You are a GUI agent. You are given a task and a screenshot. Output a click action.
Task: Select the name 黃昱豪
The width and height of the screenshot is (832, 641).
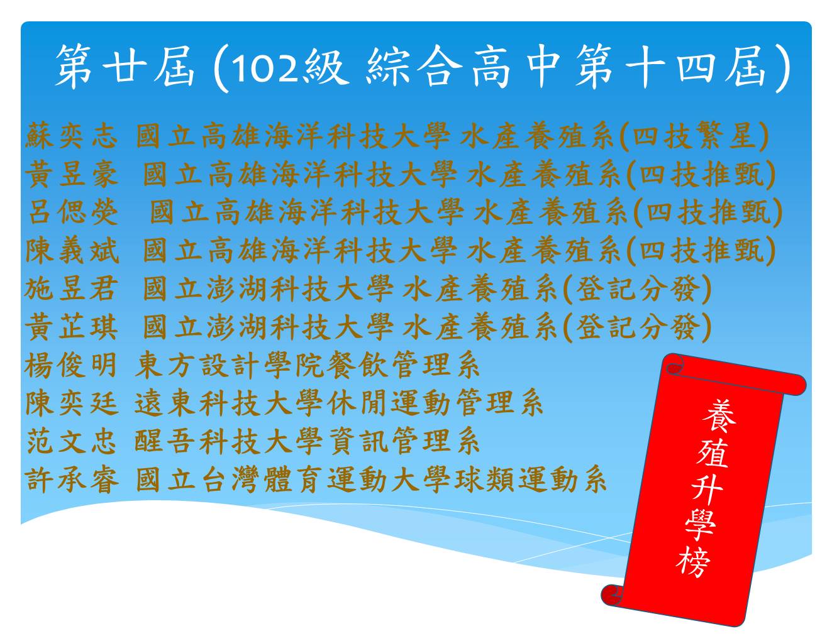pos(71,175)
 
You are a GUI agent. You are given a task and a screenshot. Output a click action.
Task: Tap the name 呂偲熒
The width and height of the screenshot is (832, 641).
pos(74,212)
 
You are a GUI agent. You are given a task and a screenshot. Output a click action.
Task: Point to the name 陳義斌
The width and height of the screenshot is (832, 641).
pos(72,251)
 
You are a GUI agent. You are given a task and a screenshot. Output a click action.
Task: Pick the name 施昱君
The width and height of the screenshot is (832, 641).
pos(70,288)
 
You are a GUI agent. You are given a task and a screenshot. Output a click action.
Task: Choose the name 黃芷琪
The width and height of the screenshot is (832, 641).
pos(71,327)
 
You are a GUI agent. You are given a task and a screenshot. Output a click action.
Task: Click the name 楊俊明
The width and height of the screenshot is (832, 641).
pos(70,365)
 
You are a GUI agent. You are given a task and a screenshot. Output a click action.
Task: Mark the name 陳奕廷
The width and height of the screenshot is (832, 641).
pos(72,403)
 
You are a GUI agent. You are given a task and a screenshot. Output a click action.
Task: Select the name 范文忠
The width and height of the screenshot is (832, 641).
pos(71,441)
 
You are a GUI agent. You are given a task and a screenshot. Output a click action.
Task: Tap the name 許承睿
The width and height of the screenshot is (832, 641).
pos(72,479)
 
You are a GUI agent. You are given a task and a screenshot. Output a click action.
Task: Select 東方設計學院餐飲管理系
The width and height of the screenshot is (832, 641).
pos(307,365)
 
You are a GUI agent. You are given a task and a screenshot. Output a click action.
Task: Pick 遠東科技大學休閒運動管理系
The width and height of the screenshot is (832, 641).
pos(339,403)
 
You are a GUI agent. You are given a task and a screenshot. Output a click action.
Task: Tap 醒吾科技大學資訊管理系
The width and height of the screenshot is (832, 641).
pos(307,441)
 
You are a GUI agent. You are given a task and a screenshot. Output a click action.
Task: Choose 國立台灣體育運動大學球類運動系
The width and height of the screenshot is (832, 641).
pos(372,479)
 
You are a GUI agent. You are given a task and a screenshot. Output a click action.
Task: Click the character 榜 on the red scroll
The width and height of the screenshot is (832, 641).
pos(693,562)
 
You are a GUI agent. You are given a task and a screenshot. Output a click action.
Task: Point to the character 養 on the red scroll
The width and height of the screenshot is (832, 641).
pos(719,417)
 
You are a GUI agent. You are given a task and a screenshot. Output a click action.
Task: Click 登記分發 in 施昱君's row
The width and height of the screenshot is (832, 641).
pos(636,288)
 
